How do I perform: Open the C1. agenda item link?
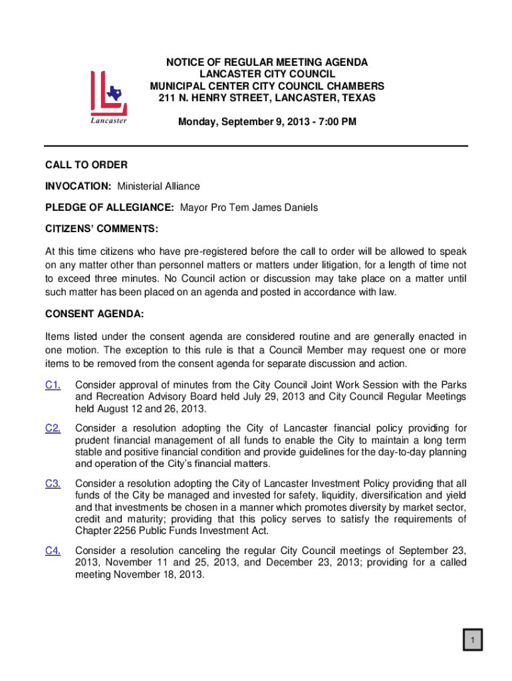point(53,384)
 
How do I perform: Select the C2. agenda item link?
point(53,428)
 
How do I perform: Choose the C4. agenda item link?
point(53,550)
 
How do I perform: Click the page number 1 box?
point(473,640)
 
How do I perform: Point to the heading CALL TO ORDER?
point(86,165)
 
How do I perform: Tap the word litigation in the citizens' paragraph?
point(360,265)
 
